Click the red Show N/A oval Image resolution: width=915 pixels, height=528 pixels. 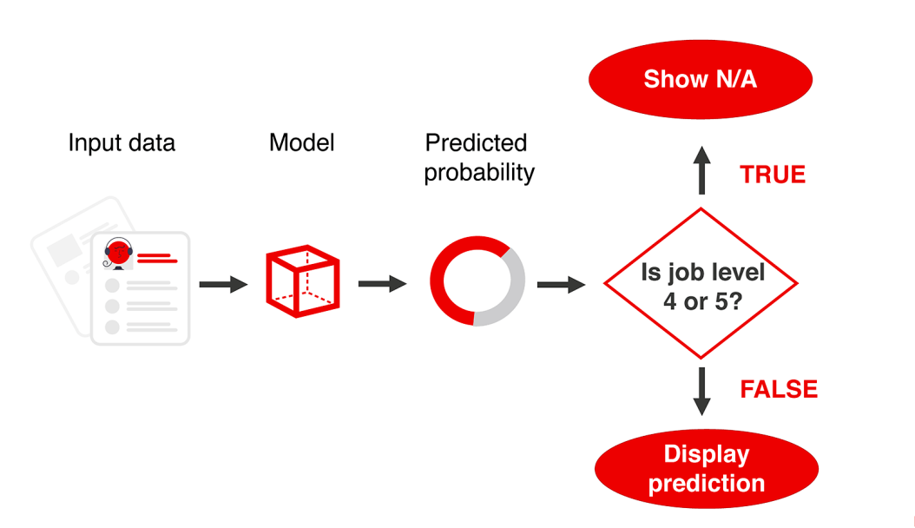pyautogui.click(x=700, y=80)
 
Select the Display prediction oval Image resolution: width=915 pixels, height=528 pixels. pyautogui.click(x=707, y=468)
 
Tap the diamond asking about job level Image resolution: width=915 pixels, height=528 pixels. pyautogui.click(x=701, y=284)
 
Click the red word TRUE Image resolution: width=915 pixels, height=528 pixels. pyautogui.click(x=773, y=175)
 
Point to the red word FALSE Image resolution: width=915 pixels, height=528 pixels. pyautogui.click(x=779, y=389)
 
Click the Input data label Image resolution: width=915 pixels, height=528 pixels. pyautogui.click(x=122, y=142)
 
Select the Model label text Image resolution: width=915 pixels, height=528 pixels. pyautogui.click(x=301, y=142)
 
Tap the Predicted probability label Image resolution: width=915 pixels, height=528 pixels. pyautogui.click(x=478, y=157)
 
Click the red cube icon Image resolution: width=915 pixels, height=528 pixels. pyautogui.click(x=301, y=281)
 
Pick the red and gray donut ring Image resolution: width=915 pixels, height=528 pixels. pyautogui.click(x=477, y=281)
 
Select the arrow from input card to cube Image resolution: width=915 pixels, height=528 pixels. pyautogui.click(x=223, y=284)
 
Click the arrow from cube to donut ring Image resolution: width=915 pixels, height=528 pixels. pyautogui.click(x=382, y=283)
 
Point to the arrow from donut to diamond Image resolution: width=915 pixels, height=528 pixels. pyautogui.click(x=561, y=284)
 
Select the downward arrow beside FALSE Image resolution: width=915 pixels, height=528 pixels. pyautogui.click(x=702, y=392)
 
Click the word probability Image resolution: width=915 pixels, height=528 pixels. pyautogui.click(x=478, y=172)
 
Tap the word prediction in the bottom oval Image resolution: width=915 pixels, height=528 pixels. pyautogui.click(x=707, y=483)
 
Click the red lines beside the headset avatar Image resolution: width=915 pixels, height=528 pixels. pyautogui.click(x=157, y=257)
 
